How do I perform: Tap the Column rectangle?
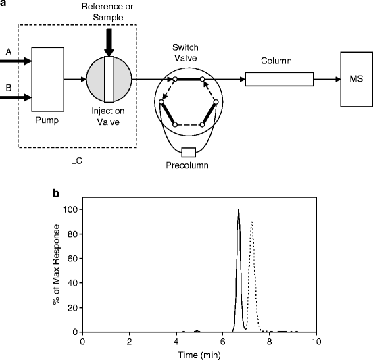pyautogui.click(x=279, y=80)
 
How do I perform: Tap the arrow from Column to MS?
pyautogui.click(x=327, y=80)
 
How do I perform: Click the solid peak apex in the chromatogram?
pyautogui.click(x=239, y=209)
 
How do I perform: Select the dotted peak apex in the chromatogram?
pyautogui.click(x=251, y=222)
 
